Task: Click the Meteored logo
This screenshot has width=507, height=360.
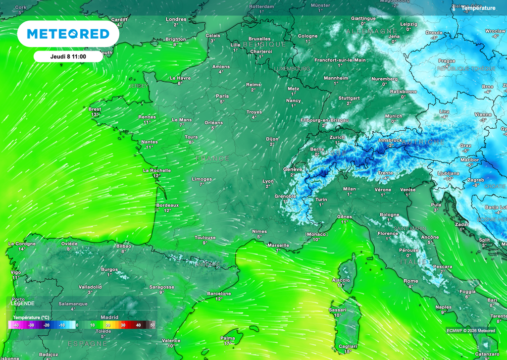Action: (68, 34)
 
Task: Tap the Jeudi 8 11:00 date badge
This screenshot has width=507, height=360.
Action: (68, 56)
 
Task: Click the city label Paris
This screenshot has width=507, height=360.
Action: (222, 96)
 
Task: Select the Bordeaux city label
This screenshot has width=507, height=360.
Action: (167, 205)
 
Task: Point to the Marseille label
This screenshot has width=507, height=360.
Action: (278, 245)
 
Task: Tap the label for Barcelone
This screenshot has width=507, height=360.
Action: (219, 294)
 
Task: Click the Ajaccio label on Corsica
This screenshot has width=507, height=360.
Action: (341, 280)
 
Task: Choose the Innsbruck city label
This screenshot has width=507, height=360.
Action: (390, 141)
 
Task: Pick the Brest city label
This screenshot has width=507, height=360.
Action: (95, 109)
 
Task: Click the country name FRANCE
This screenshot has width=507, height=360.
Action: (212, 158)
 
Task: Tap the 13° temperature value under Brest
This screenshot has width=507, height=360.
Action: (95, 115)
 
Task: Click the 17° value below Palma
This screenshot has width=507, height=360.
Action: (228, 343)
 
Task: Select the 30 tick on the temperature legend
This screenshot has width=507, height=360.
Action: (123, 325)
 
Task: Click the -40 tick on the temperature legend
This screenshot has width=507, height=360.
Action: (16, 325)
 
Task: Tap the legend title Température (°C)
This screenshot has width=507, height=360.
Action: (31, 317)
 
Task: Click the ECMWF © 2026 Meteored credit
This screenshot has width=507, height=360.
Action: (470, 331)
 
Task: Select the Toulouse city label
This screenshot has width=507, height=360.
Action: (205, 238)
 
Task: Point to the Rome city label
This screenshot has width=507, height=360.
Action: (410, 281)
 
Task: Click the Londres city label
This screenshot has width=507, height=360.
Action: (176, 19)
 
